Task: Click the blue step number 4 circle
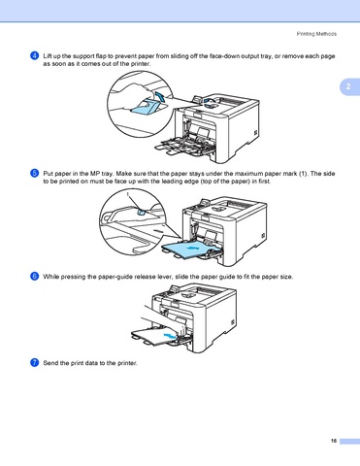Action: point(35,55)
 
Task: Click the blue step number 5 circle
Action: point(35,173)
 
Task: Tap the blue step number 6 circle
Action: point(35,277)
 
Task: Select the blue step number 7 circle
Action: point(35,363)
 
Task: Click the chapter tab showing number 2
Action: point(349,86)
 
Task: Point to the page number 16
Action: point(334,441)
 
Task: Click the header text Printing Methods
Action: point(316,34)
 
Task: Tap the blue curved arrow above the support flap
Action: point(160,96)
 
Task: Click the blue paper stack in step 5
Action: point(187,250)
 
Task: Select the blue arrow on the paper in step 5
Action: point(193,248)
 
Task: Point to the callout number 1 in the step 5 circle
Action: point(128,194)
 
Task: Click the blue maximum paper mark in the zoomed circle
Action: point(141,212)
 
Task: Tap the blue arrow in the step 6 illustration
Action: point(171,335)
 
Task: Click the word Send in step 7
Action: point(50,363)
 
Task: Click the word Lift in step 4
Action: point(47,56)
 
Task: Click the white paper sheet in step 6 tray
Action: point(155,336)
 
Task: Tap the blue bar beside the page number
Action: point(349,441)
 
